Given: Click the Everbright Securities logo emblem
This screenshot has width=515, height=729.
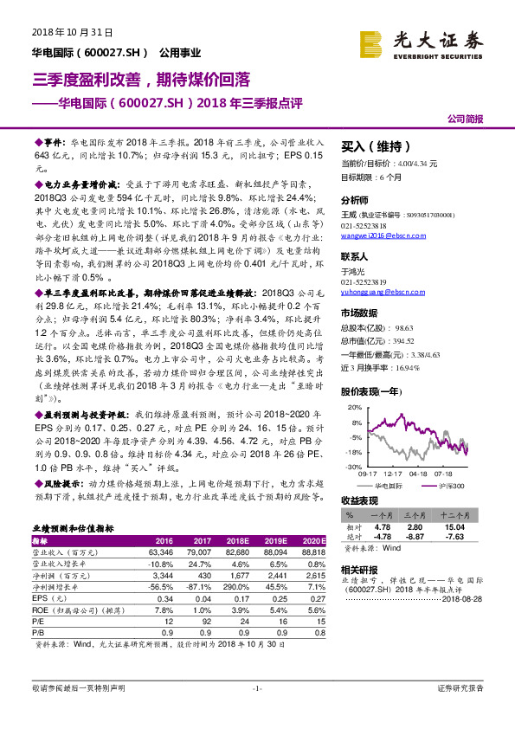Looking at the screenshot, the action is pos(373,40).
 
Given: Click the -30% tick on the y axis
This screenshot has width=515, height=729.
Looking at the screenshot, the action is pos(356,467).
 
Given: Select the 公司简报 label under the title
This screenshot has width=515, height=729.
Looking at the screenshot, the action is pos(465,119).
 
